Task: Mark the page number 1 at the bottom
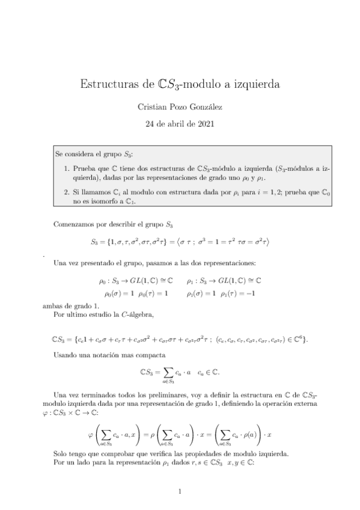pos(180,492)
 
